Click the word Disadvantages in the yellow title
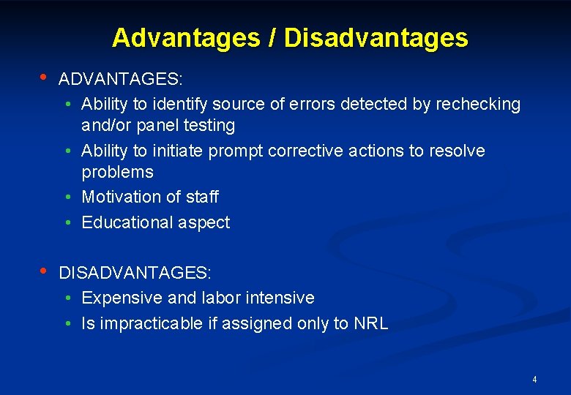click(376, 38)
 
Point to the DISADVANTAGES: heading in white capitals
click(135, 273)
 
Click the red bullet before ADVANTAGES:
click(44, 78)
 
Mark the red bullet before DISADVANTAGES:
click(44, 272)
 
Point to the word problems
click(117, 172)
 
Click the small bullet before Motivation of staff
click(67, 197)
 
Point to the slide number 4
click(534, 380)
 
